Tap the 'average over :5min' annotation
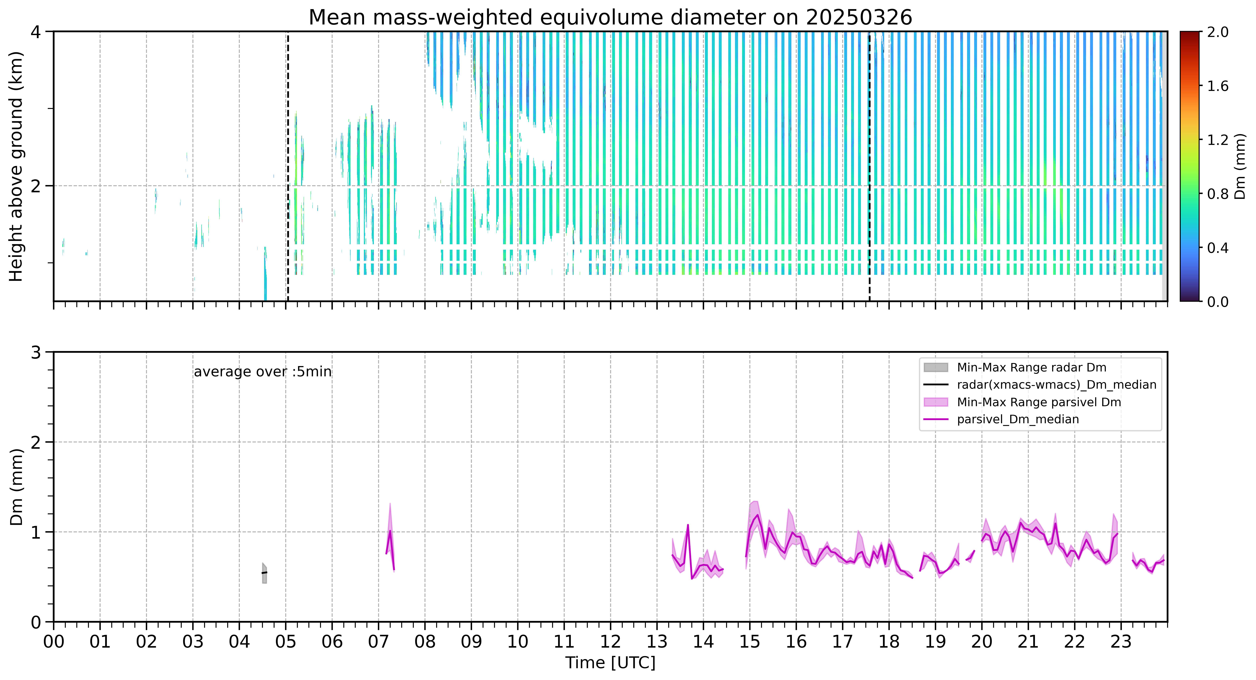[262, 372]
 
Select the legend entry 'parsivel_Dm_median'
[1018, 419]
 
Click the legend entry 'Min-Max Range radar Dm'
[1031, 368]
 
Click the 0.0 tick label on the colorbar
[1218, 302]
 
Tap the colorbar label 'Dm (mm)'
[1240, 167]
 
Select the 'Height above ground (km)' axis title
[16, 166]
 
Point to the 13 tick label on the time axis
[657, 642]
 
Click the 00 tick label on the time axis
[54, 642]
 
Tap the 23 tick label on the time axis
[1120, 642]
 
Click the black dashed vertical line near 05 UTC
[288, 166]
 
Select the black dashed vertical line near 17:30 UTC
[869, 166]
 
